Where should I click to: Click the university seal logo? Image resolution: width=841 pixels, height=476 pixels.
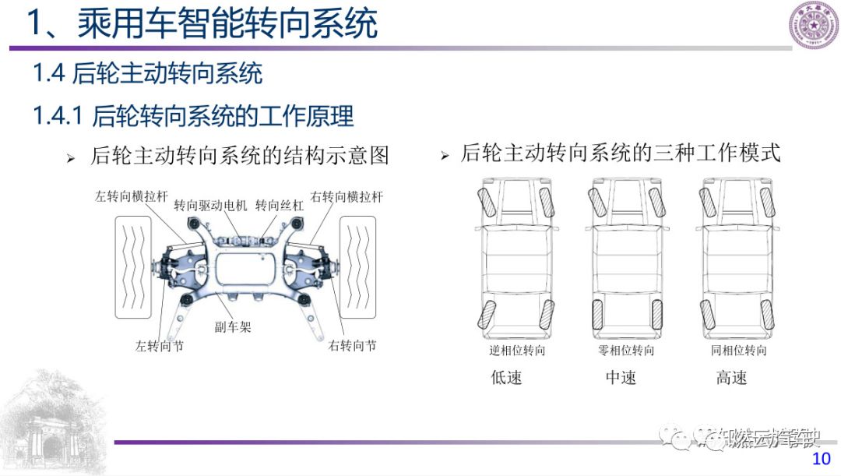click(x=814, y=25)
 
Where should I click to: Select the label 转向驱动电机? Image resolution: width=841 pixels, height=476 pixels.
click(x=210, y=206)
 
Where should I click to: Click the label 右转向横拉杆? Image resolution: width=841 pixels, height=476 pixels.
click(x=347, y=196)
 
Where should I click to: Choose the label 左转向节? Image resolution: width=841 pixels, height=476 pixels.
click(x=159, y=346)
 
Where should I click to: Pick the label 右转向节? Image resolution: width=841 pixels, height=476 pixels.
click(x=352, y=345)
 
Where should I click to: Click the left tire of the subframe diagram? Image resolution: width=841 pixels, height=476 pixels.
click(x=135, y=266)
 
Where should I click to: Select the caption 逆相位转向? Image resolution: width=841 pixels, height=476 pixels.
click(x=517, y=351)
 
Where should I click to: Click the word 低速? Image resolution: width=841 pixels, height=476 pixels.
click(x=506, y=378)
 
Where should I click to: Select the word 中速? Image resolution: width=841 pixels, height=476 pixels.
click(x=621, y=378)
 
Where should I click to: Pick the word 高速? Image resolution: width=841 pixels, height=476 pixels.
click(x=731, y=378)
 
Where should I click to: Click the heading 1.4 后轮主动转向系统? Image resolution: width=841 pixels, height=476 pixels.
click(x=147, y=74)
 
